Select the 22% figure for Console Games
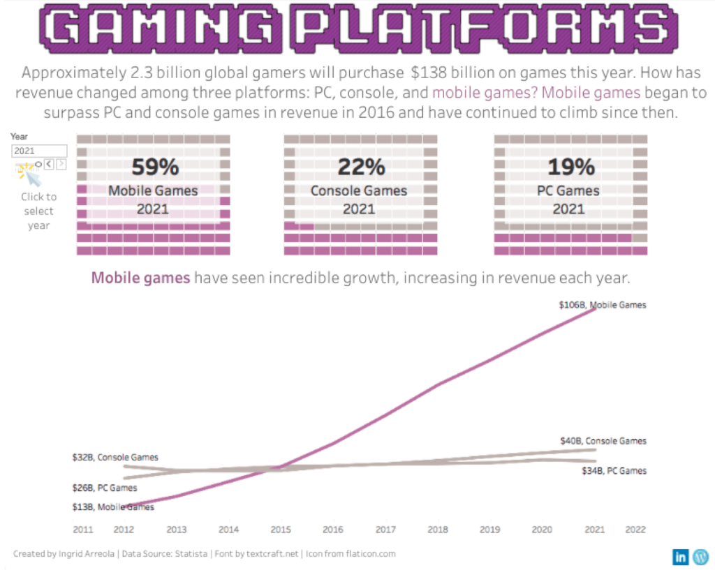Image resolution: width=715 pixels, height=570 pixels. [x=361, y=167]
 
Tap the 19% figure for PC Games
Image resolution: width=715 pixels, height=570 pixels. [x=570, y=167]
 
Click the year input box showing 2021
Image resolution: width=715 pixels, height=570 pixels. [x=39, y=151]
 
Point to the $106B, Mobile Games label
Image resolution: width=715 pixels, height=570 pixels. [x=603, y=305]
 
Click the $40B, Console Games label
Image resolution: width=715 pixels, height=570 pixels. [x=603, y=441]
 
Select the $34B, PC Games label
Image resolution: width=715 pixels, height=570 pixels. [x=614, y=471]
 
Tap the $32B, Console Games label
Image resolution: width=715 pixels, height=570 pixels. [x=115, y=458]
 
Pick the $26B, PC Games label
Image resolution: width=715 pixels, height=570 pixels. [x=105, y=488]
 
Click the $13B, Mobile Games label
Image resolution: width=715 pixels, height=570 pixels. [x=113, y=507]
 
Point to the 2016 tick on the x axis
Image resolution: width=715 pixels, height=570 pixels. [x=334, y=530]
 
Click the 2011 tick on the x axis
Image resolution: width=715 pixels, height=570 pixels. [x=83, y=530]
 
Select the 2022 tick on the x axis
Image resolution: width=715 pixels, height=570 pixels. [x=636, y=530]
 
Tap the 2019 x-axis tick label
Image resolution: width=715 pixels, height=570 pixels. [x=491, y=530]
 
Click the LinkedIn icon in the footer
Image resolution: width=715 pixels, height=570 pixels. [x=680, y=556]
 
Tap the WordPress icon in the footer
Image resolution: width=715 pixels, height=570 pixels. [x=700, y=556]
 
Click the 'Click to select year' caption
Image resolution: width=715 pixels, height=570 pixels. [x=38, y=211]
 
